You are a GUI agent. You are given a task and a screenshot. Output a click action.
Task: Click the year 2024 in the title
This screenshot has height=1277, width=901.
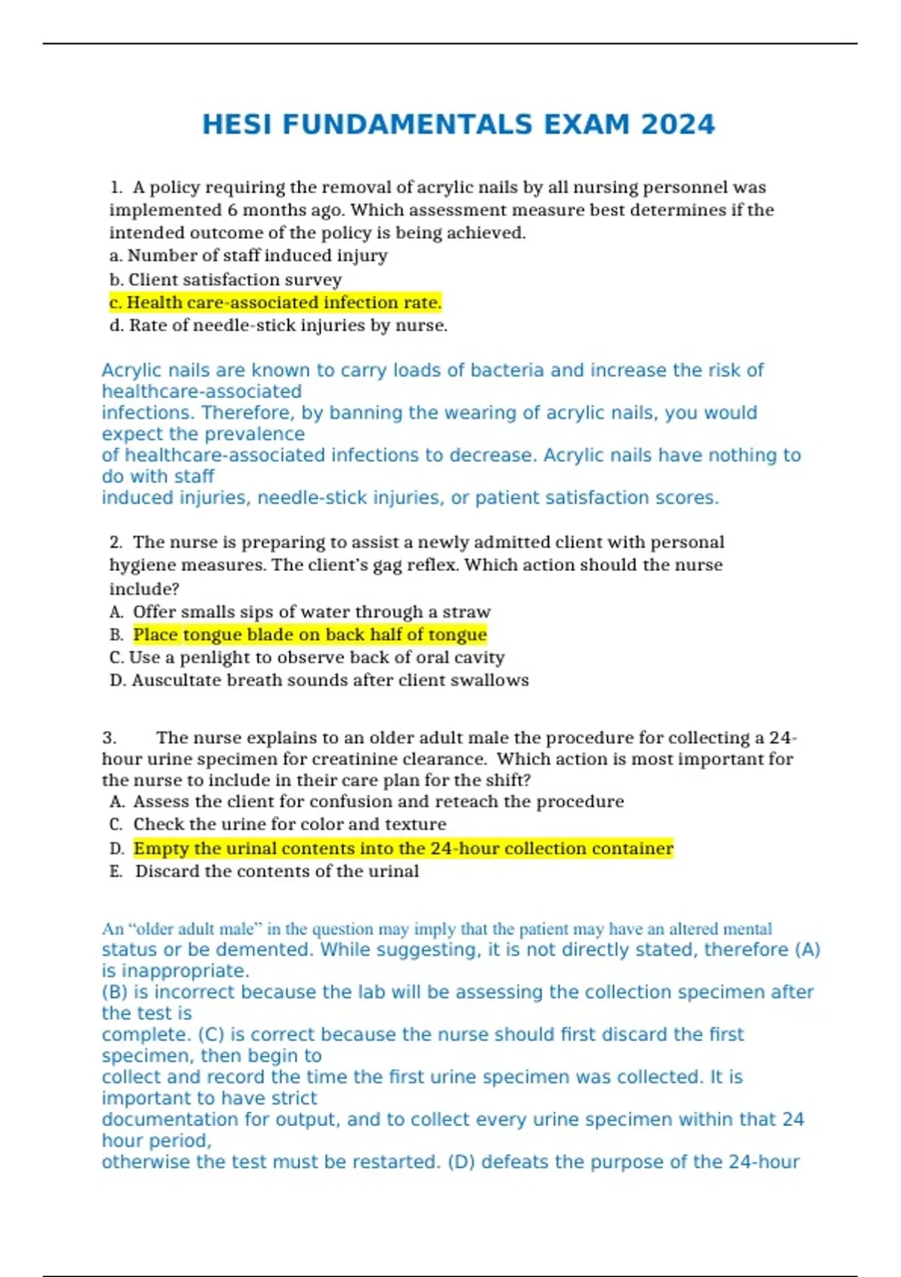pyautogui.click(x=677, y=125)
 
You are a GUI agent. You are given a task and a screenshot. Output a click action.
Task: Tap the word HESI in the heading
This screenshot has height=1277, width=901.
pyautogui.click(x=237, y=125)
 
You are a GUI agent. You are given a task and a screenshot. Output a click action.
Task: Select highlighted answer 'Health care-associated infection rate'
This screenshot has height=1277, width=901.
pyautogui.click(x=276, y=303)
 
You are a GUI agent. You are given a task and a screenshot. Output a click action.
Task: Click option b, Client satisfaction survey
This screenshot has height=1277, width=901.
pyautogui.click(x=226, y=279)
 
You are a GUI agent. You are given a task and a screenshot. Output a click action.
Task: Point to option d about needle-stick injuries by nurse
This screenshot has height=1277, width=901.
pyautogui.click(x=279, y=325)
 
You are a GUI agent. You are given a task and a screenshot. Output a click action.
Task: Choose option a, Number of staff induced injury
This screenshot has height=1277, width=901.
pyautogui.click(x=249, y=255)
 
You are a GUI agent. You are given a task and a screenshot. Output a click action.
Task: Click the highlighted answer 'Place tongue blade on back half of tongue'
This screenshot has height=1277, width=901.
pyautogui.click(x=310, y=635)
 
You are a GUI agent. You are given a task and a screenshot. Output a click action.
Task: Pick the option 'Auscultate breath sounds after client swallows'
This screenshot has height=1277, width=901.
pyautogui.click(x=319, y=680)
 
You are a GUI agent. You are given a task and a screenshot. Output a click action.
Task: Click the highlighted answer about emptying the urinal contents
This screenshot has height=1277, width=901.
pyautogui.click(x=403, y=848)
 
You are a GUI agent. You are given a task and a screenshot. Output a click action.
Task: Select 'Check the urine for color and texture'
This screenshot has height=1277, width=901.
pyautogui.click(x=290, y=824)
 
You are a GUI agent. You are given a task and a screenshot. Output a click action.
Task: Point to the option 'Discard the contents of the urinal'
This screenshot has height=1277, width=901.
pyautogui.click(x=277, y=871)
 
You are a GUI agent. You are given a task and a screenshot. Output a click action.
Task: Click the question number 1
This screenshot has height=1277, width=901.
pyautogui.click(x=115, y=187)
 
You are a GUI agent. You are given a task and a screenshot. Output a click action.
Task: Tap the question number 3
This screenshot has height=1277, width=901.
pyautogui.click(x=110, y=738)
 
